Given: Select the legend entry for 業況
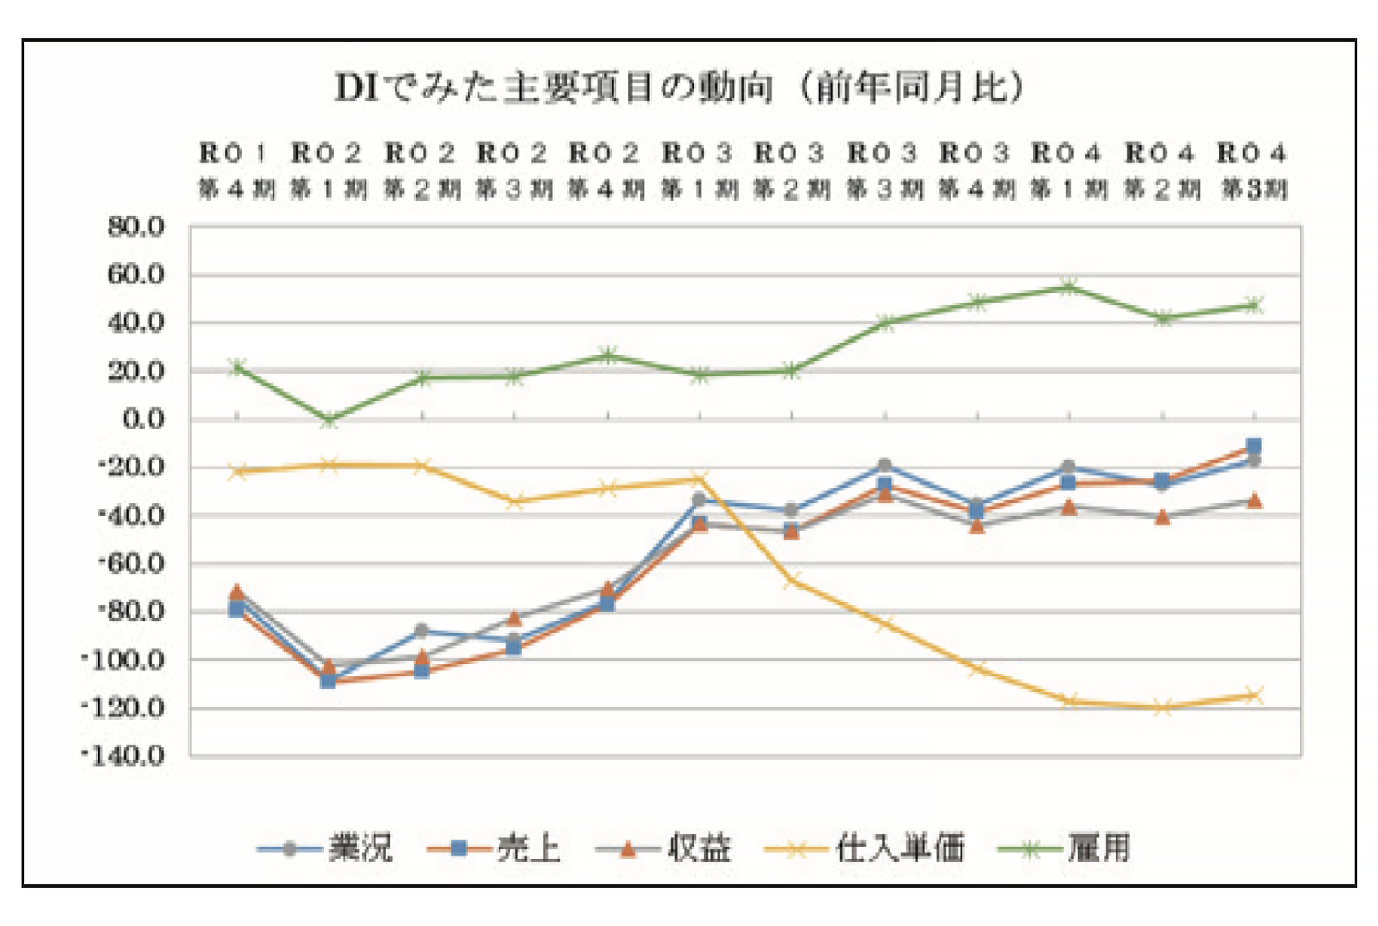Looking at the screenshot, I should pos(360,849).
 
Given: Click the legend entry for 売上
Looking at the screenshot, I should pos(528,849).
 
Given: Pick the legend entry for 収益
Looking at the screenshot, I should pos(699,849).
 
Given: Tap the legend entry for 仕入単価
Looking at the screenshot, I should pos(899,849).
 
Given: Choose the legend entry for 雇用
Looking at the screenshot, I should pos(1098,849).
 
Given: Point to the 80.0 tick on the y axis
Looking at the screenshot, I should pos(136,227).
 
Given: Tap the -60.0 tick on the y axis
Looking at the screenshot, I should pos(131,563).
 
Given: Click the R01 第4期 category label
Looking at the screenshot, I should pos(236,170).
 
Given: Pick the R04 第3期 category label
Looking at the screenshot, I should pos(1253,170).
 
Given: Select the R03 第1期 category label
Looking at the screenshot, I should pos(699,170).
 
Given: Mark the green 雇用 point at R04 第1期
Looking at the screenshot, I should pos(1069,287).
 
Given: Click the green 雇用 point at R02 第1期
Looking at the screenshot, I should pos(329,420).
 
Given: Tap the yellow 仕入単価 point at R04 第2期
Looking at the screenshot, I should pos(1161,707).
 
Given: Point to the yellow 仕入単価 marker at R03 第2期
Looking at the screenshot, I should pos(791,580).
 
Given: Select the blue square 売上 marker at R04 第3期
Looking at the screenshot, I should pos(1254,447).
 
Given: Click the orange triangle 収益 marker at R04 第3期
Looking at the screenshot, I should pos(1254,500).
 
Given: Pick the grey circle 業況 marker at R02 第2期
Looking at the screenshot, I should pos(421,631).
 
